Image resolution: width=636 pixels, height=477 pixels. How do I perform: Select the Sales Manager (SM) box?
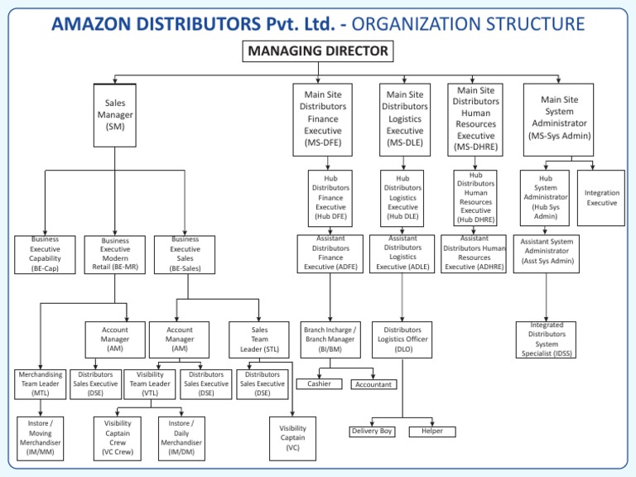pyautogui.click(x=114, y=114)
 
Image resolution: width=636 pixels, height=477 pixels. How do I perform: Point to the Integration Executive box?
pyautogui.click(x=602, y=198)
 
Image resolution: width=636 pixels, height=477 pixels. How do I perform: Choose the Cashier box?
pyautogui.click(x=319, y=383)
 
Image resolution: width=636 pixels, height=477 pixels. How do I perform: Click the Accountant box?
pyautogui.click(x=373, y=384)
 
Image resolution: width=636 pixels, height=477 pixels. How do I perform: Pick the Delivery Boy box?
pyautogui.click(x=372, y=431)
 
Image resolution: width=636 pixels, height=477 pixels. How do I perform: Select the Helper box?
pyautogui.click(x=431, y=431)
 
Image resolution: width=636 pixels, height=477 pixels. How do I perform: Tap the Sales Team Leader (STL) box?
pyautogui.click(x=259, y=339)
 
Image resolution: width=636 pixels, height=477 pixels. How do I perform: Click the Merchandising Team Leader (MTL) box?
pyautogui.click(x=40, y=384)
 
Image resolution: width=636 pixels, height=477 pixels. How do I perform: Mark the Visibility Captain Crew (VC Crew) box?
pyautogui.click(x=118, y=436)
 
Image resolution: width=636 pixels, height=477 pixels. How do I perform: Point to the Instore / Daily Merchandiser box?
pyautogui.click(x=181, y=436)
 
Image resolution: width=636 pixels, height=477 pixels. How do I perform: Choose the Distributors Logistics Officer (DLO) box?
pyautogui.click(x=402, y=339)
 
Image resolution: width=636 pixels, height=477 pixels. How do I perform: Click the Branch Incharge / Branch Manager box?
pyautogui.click(x=330, y=339)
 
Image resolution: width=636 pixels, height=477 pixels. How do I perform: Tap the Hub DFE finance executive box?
pyautogui.click(x=330, y=198)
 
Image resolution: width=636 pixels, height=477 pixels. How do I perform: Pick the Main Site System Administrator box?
pyautogui.click(x=559, y=118)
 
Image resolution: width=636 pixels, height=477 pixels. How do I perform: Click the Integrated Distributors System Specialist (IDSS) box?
pyautogui.click(x=546, y=340)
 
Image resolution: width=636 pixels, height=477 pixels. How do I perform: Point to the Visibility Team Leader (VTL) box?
pyautogui.click(x=150, y=384)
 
